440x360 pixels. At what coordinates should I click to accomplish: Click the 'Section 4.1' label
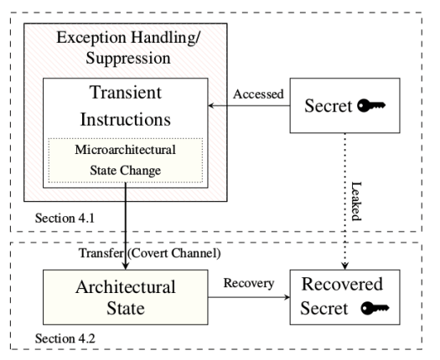point(65,219)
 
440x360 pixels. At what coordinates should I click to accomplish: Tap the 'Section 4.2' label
point(65,338)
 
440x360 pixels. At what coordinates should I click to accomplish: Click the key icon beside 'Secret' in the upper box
point(371,105)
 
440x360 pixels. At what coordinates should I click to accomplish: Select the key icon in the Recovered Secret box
point(375,308)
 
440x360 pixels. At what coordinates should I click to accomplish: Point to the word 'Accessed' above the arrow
point(258,95)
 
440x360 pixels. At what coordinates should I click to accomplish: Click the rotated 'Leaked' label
point(356,201)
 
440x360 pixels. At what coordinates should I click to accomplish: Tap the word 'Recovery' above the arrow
point(249,283)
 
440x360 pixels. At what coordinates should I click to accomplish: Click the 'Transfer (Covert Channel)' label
point(150,253)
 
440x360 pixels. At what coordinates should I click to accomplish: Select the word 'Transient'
point(126,92)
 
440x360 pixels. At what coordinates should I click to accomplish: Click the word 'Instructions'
point(126,119)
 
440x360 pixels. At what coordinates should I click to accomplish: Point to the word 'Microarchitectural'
point(126,149)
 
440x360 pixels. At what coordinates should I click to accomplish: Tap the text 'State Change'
point(126,170)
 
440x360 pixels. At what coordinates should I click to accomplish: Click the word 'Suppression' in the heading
point(128,58)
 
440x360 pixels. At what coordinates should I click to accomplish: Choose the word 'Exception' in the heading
point(91,38)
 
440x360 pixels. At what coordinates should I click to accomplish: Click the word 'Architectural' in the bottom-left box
point(126,287)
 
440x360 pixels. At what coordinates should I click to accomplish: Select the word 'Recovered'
point(342,284)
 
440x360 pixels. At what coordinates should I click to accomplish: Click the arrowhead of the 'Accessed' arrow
point(211,105)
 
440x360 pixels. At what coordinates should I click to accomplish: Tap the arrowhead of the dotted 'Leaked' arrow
point(344,266)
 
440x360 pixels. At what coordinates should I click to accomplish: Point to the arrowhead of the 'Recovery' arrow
point(287,297)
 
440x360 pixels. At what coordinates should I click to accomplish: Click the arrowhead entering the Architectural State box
point(126,265)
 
